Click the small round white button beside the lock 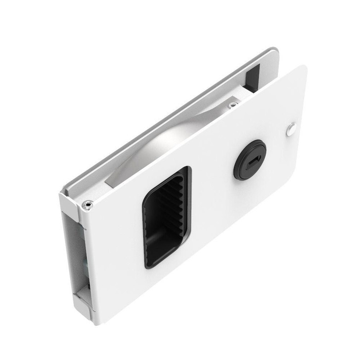[291, 130]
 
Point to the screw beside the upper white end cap [87, 204]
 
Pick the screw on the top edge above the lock [232, 105]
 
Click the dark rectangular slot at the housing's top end [253, 78]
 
